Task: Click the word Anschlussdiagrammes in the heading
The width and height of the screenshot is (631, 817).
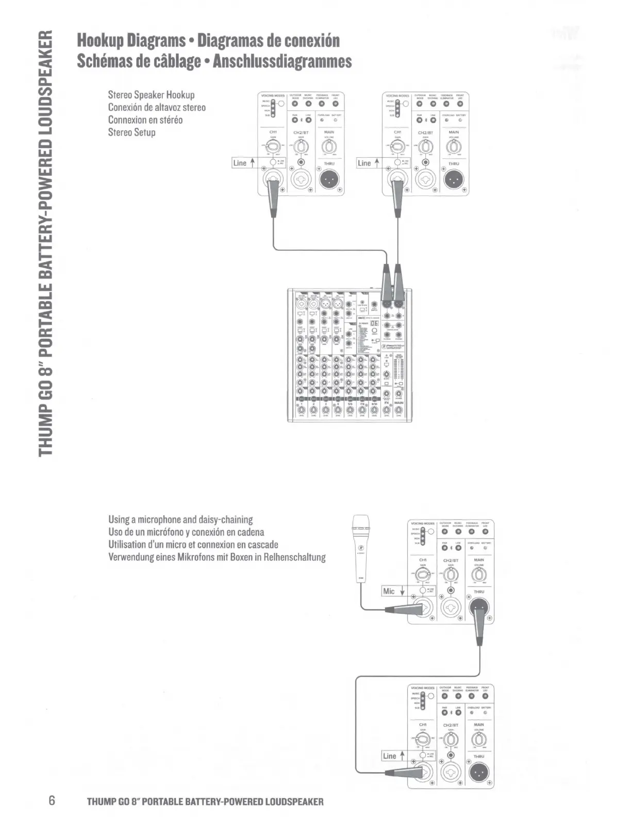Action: point(282,61)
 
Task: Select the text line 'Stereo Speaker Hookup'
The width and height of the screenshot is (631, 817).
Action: point(151,95)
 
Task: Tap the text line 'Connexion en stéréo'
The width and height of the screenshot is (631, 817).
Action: point(145,120)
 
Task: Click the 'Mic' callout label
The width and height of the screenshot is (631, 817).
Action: point(389,591)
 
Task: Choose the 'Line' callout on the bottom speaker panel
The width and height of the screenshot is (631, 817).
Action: point(390,756)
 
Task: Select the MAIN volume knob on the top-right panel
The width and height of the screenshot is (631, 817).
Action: point(454,149)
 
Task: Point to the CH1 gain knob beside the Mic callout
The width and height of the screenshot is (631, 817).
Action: point(422,575)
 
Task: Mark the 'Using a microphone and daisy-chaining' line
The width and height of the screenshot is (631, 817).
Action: point(180,519)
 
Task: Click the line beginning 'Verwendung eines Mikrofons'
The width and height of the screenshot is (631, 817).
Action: point(217,557)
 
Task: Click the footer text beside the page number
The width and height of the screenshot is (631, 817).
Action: point(205,802)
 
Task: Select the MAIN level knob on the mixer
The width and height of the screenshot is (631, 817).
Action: point(398,411)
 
